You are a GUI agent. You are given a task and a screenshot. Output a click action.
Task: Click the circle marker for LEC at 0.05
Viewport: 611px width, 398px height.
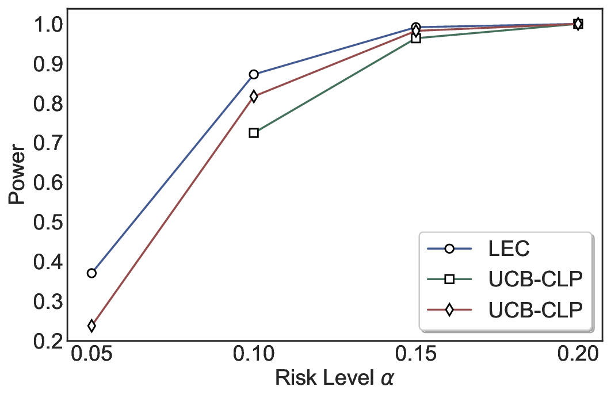[x=91, y=273]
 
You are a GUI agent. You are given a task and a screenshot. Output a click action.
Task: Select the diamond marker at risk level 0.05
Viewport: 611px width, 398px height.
[x=91, y=326]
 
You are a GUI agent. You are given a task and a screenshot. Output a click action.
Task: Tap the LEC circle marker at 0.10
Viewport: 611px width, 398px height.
[x=254, y=74]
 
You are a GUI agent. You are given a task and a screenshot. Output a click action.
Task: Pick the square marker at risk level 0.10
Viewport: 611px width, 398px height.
[x=254, y=133]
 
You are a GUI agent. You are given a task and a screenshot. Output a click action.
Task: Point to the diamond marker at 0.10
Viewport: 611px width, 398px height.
[x=254, y=96]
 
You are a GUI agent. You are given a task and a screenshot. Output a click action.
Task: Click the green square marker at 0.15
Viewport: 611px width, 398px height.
[x=416, y=39]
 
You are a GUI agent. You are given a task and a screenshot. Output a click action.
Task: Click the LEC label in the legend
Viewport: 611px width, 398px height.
[x=509, y=249]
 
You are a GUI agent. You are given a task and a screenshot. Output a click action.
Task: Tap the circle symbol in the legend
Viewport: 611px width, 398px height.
[x=450, y=249]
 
